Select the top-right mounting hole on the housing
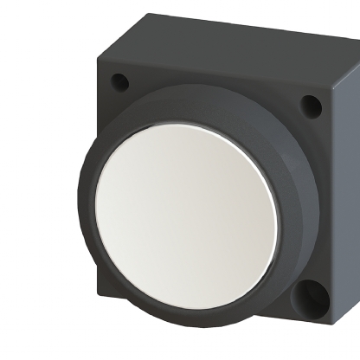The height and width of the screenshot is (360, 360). coord(311,106)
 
